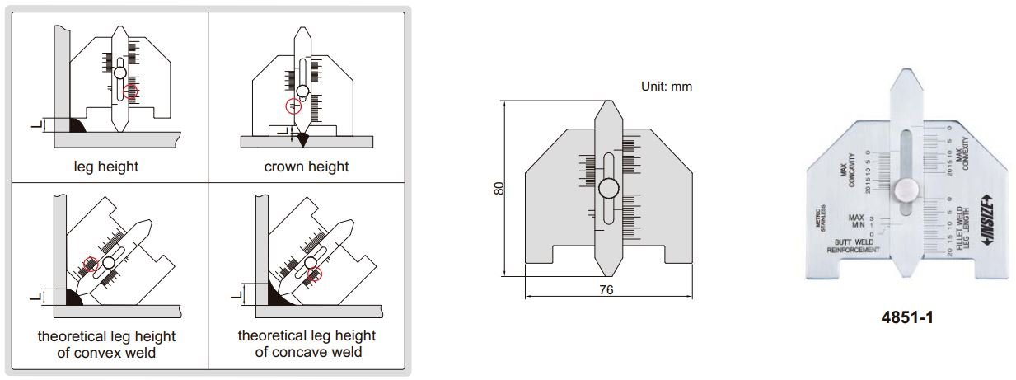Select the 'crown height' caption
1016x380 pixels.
tap(307, 167)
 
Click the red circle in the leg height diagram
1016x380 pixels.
tap(132, 93)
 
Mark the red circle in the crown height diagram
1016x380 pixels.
tap(293, 106)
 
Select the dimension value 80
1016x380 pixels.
tap(498, 189)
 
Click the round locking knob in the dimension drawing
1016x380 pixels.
tap(609, 188)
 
